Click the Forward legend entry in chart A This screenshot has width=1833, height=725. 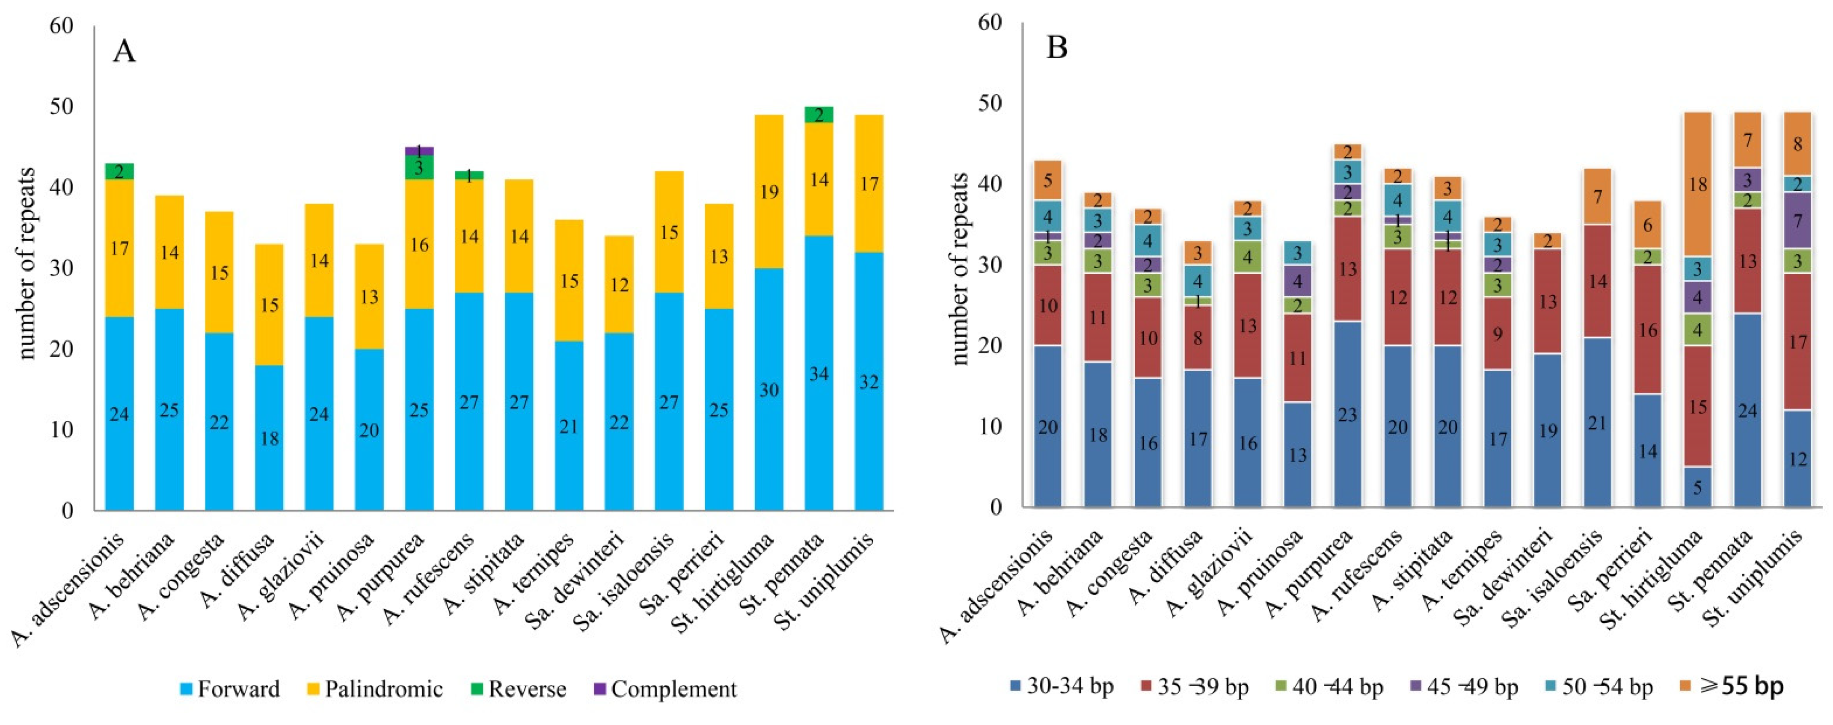pos(229,689)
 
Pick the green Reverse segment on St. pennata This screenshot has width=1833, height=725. pos(819,115)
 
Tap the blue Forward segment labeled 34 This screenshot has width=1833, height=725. pos(819,373)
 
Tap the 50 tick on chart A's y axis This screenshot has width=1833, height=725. pos(62,107)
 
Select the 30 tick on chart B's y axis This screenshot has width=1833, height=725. pos(990,265)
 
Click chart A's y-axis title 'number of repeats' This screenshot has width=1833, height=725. pos(27,263)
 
